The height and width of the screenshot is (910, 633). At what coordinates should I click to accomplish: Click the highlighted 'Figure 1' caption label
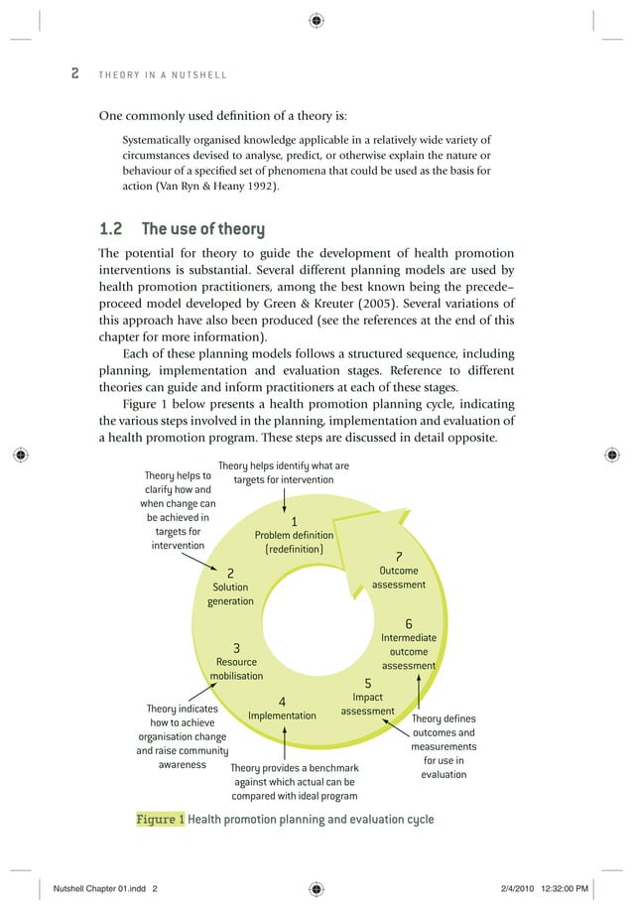click(x=160, y=820)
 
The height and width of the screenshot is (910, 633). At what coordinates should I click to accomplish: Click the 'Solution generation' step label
click(x=230, y=593)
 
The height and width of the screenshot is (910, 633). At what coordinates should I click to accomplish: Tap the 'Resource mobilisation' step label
click(x=236, y=669)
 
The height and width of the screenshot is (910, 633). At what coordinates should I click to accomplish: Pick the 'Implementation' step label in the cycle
click(x=282, y=715)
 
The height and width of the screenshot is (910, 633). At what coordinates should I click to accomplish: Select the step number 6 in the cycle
click(x=408, y=623)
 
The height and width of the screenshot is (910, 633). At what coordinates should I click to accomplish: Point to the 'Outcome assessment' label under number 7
click(x=398, y=578)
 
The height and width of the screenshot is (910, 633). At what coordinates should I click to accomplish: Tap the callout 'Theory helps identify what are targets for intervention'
click(x=283, y=472)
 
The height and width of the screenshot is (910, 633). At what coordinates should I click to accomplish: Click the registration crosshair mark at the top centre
click(x=316, y=19)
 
